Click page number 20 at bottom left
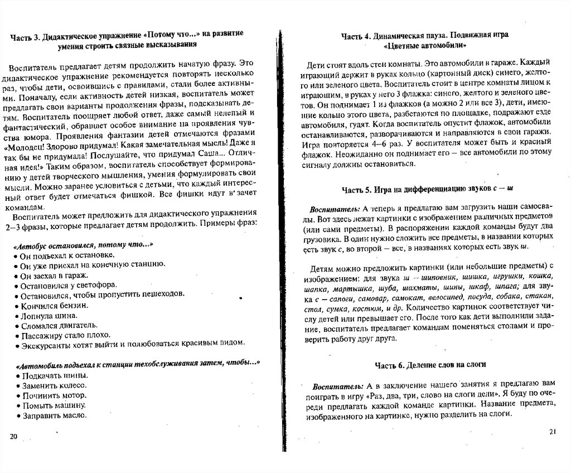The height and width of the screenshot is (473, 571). [14, 435]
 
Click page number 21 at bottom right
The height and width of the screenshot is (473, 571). [553, 431]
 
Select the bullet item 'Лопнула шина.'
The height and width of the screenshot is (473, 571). [47, 316]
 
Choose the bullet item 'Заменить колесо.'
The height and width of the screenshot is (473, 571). [54, 385]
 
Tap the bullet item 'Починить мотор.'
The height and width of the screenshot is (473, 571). [52, 395]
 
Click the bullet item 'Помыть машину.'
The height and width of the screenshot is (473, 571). [52, 405]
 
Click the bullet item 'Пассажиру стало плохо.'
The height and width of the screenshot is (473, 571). [65, 335]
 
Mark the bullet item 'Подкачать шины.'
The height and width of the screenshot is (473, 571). [54, 375]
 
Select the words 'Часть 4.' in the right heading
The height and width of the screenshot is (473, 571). [356, 36]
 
